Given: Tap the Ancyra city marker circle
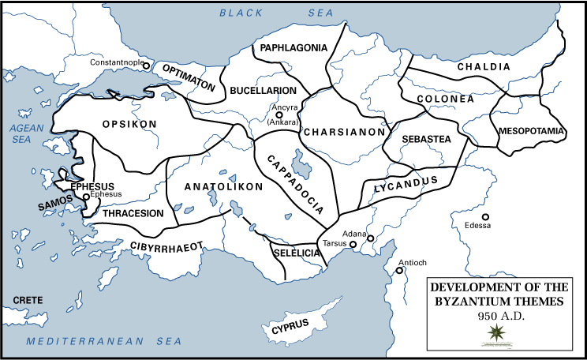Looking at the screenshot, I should [279, 114].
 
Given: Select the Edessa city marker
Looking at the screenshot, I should [486, 216].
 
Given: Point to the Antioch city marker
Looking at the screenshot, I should [400, 271].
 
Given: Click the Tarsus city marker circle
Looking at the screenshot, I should [353, 245].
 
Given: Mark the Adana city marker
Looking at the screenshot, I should [370, 238].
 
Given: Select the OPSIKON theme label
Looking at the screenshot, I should [130, 124].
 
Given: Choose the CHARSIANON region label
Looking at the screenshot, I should [344, 132].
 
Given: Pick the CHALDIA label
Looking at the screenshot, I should [484, 68].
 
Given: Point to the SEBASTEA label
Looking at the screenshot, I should [426, 139].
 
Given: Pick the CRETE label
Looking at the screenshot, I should [27, 300].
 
